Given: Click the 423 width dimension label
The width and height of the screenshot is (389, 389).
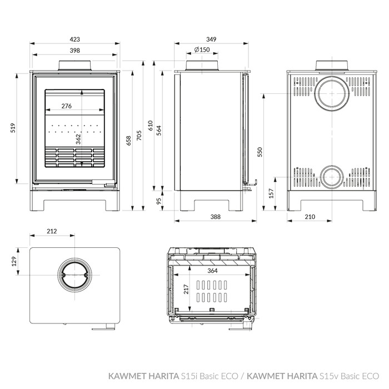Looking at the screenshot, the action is click(74, 39).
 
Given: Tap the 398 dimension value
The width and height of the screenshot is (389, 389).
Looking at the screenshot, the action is click(74, 51).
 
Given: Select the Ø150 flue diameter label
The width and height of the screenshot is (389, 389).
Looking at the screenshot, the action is click(202, 49).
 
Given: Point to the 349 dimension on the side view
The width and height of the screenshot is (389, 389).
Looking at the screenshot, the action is click(211, 39).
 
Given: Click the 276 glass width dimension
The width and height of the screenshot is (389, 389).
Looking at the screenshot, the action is click(67, 106).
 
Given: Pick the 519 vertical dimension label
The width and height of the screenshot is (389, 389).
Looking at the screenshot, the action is click(13, 128).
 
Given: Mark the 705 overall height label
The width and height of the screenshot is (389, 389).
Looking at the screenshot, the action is click(139, 136).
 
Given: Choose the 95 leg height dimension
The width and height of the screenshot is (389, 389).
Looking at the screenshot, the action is click(159, 201).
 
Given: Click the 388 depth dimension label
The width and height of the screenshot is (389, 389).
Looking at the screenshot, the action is click(216, 217).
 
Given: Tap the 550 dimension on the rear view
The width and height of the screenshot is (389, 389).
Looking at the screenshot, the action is click(260, 152).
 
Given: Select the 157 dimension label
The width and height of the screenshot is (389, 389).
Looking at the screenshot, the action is click(271, 193).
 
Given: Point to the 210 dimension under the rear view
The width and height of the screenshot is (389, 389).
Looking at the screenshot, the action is click(310, 217).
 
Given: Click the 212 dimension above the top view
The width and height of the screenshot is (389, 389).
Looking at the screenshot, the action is click(52, 231).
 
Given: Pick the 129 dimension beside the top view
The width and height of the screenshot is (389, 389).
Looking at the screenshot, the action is click(14, 261).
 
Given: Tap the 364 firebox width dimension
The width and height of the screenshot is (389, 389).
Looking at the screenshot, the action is click(212, 271).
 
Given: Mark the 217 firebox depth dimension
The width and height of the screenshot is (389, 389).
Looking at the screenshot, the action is click(186, 290).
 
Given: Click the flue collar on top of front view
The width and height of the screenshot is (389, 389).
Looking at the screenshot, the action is click(74, 66).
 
